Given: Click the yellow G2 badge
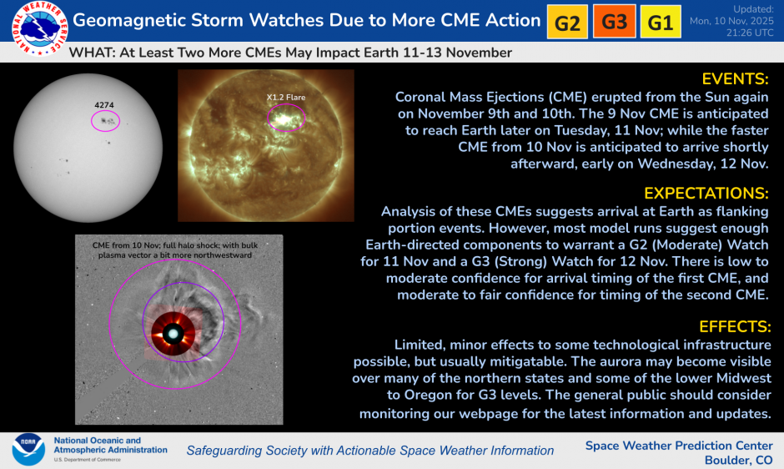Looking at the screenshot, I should (567, 23).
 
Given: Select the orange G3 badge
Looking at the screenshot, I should (614, 23).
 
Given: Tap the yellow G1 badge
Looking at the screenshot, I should (660, 23).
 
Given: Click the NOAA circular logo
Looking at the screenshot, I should (28, 450).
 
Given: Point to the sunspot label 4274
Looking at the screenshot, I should (104, 105).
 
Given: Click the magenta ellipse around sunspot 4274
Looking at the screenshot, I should (105, 121).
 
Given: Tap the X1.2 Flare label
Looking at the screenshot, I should (286, 98).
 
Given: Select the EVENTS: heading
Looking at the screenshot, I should (735, 79).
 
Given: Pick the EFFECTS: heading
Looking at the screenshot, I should (731, 326).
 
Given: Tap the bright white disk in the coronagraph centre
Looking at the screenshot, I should (173, 334).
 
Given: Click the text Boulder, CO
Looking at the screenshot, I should (738, 460).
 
